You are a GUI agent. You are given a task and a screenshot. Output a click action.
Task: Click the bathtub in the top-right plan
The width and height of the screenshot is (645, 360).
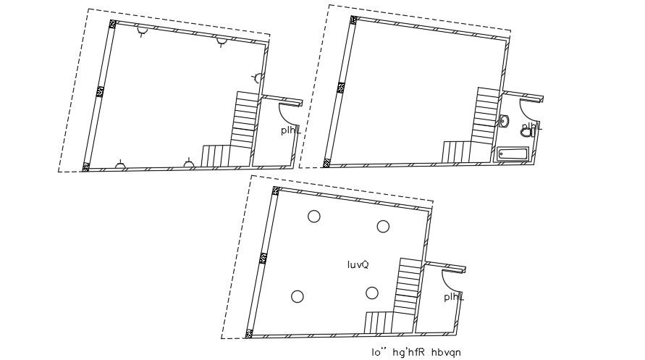click(x=513, y=154)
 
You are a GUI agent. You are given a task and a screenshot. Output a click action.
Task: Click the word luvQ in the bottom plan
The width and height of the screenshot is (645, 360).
click(x=358, y=265)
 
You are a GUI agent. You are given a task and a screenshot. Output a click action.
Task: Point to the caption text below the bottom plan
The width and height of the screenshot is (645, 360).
click(x=416, y=353)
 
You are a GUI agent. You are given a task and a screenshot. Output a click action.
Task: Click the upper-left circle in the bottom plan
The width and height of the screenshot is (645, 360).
click(x=313, y=216)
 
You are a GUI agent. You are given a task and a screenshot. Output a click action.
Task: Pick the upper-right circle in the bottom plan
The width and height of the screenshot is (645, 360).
click(x=383, y=227)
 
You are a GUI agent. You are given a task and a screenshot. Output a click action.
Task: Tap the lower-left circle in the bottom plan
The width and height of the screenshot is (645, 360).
click(x=297, y=296)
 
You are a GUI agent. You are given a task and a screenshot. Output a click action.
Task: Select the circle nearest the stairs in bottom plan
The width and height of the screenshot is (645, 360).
click(x=372, y=293)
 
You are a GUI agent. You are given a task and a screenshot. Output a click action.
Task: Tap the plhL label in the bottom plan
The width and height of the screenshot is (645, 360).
click(x=454, y=297)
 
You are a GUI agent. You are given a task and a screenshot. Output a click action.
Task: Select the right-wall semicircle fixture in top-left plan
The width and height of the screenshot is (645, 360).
click(x=257, y=78)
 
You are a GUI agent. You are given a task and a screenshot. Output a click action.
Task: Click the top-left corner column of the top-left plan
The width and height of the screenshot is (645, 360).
click(x=113, y=24)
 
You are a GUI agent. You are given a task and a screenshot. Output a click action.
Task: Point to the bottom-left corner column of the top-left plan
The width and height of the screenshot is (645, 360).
click(x=86, y=167)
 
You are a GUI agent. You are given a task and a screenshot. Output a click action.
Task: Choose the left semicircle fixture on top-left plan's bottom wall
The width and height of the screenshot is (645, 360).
click(x=121, y=166)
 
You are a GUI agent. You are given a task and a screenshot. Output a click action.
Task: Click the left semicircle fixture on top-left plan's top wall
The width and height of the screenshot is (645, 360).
click(x=143, y=30)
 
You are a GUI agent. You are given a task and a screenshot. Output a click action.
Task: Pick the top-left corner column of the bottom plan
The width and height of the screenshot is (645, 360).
click(x=276, y=191)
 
